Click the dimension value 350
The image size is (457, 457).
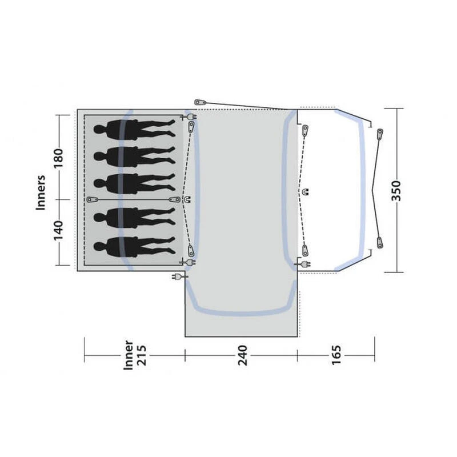(396, 191)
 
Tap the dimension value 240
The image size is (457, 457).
(242, 355)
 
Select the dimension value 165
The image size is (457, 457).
(336, 355)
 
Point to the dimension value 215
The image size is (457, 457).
(141, 355)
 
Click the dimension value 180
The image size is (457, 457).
(58, 158)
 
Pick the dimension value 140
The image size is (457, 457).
(58, 231)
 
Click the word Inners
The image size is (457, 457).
(41, 193)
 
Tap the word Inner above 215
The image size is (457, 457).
(128, 355)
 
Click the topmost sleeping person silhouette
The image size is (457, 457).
(135, 129)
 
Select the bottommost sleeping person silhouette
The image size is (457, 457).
(135, 247)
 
